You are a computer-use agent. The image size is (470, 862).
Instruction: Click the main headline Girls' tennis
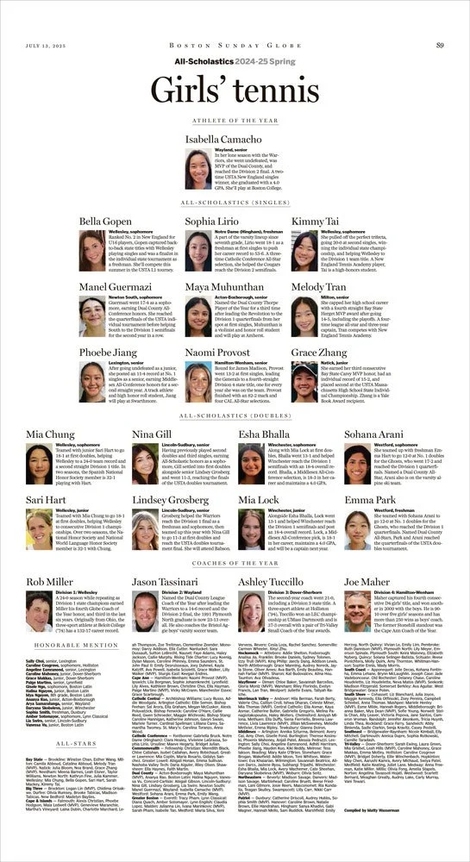coord(235,89)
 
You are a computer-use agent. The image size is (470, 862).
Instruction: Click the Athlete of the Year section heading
coord(235,123)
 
